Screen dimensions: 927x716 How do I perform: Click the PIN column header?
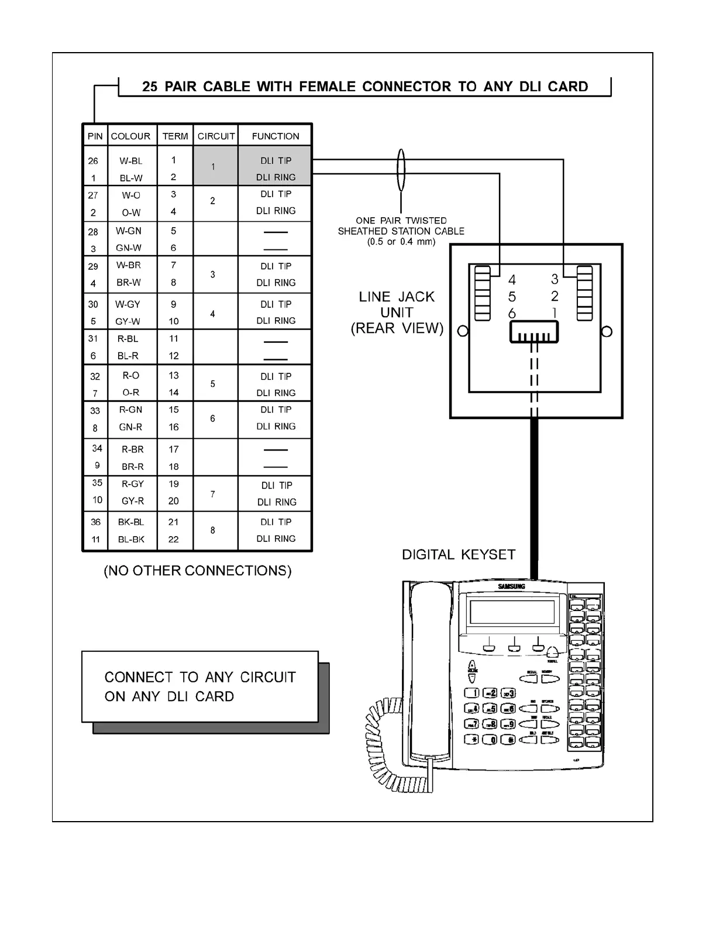[95, 136]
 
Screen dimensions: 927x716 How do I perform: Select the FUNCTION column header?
[276, 136]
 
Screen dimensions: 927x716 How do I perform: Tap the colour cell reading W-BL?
[131, 161]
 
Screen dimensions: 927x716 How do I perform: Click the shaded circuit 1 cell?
[214, 167]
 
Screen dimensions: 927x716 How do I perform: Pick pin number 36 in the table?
[95, 522]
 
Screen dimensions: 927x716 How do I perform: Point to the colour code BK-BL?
[131, 522]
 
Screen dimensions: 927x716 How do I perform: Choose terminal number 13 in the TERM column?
[174, 376]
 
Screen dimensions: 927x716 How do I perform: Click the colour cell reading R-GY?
[133, 484]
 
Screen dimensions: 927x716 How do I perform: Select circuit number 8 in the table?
[213, 530]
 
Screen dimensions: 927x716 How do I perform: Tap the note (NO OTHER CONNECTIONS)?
[198, 571]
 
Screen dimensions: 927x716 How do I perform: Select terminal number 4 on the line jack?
[512, 279]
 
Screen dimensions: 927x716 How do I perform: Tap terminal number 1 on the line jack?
[555, 313]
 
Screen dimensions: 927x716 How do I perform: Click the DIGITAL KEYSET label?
[459, 554]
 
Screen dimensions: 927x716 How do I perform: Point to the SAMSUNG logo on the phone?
[511, 586]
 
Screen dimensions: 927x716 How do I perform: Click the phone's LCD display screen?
[512, 612]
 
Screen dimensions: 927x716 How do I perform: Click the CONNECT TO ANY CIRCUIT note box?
[200, 686]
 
